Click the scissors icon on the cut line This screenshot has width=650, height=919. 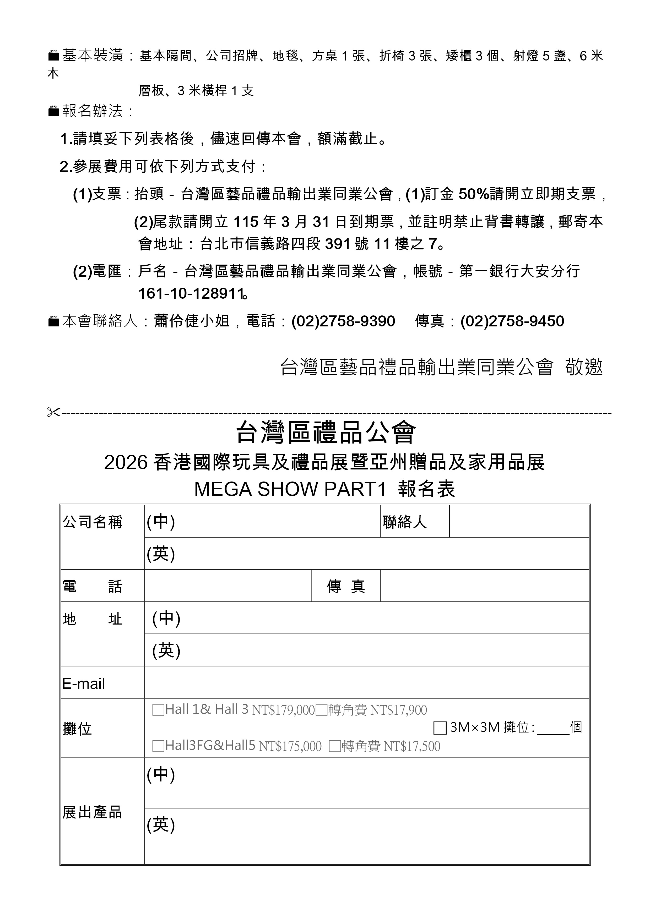click(x=53, y=412)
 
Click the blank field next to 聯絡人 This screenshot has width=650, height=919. click(x=519, y=521)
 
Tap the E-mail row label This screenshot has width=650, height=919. click(x=84, y=684)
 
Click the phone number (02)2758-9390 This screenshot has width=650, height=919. click(x=343, y=321)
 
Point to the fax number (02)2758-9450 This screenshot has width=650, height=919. click(x=512, y=321)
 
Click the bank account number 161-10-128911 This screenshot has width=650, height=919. click(x=191, y=294)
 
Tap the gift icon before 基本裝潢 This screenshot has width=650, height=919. click(x=53, y=55)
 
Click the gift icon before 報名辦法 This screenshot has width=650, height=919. click(x=53, y=111)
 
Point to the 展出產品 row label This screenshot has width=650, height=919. click(x=92, y=813)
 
